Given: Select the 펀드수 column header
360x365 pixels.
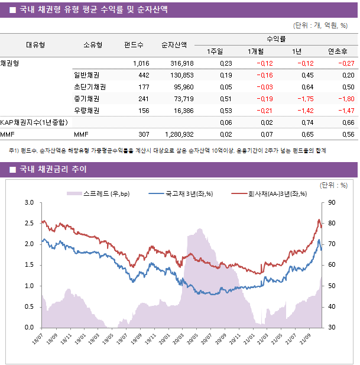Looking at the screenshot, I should coord(134,44).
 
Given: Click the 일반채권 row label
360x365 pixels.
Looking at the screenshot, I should coord(86,75).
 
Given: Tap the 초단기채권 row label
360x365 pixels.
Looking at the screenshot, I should coord(86,87).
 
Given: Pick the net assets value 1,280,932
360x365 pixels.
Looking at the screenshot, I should coord(179,134).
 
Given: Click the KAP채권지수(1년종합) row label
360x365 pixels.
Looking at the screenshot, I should coord(34,122).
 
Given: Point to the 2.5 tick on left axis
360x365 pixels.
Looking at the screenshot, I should coord(28,224).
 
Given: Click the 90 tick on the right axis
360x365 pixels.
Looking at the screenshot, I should coord(330,203).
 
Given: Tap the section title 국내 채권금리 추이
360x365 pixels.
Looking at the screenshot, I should coord(53,170).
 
